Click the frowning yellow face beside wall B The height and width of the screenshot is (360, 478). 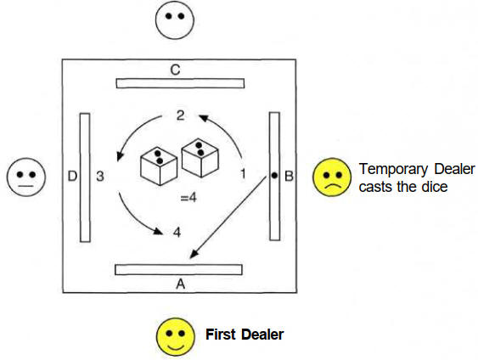[332, 177]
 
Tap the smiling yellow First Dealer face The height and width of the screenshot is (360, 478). [175, 337]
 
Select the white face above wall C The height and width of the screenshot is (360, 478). [175, 20]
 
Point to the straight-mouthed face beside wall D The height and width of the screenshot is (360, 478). [26, 177]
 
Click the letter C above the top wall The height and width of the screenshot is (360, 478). [175, 70]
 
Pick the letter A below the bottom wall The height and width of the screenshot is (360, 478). [181, 284]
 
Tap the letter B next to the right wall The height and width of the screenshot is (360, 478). [289, 177]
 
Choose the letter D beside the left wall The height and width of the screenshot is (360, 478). [72, 177]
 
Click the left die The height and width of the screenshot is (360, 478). [159, 166]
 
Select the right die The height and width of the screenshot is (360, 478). [200, 158]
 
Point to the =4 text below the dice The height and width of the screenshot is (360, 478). [188, 198]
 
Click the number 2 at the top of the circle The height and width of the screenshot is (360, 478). [180, 115]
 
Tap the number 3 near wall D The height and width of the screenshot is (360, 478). [100, 177]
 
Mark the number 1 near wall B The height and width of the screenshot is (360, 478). [243, 174]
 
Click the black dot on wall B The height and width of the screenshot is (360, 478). [274, 175]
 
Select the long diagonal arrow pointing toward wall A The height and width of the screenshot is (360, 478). [228, 217]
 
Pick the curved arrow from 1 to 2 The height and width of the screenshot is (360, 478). [227, 129]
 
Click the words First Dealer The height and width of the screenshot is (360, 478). [245, 335]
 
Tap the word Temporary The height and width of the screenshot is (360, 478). [394, 169]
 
